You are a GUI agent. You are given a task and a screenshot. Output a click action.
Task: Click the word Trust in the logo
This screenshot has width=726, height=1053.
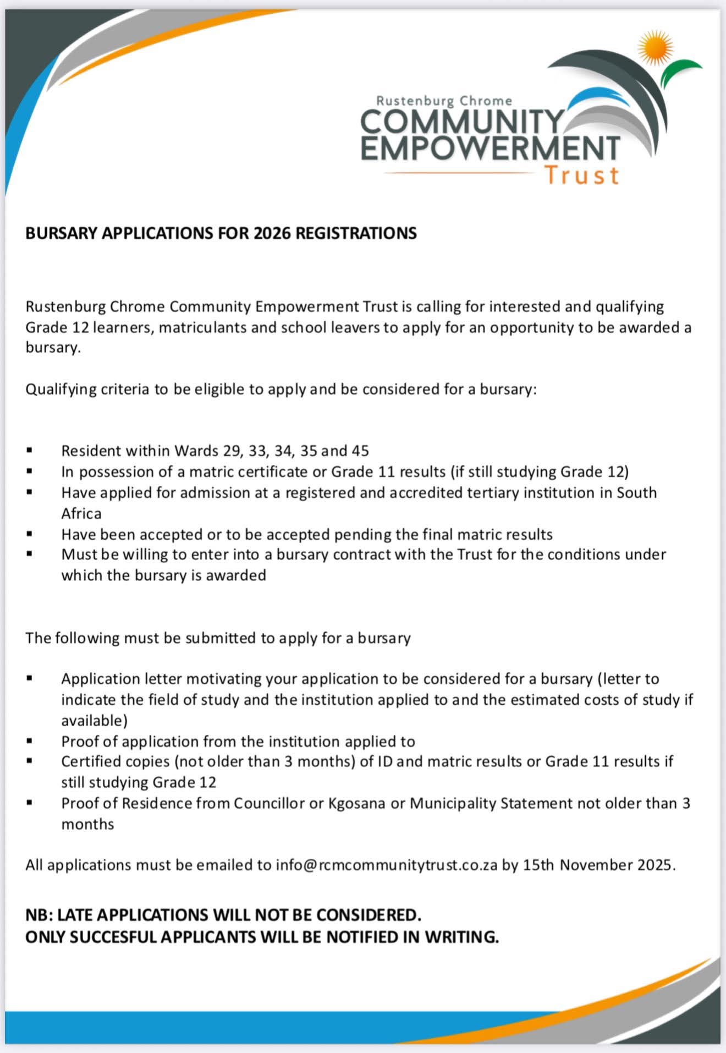(x=581, y=175)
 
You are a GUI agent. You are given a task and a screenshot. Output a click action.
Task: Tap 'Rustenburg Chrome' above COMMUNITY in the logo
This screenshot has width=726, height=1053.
(x=444, y=101)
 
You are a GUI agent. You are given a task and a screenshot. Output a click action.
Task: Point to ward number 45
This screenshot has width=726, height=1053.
(x=360, y=451)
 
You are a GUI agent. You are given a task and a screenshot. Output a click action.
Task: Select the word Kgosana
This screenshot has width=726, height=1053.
(x=357, y=803)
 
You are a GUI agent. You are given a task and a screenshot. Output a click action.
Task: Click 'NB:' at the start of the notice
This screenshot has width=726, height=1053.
(x=39, y=915)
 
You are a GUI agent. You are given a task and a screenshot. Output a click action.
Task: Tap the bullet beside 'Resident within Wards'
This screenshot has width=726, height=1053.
(x=30, y=451)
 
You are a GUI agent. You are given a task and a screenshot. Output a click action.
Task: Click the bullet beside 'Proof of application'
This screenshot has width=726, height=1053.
(x=30, y=742)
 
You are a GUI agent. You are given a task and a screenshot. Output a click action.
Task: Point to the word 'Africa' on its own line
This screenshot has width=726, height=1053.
(x=81, y=513)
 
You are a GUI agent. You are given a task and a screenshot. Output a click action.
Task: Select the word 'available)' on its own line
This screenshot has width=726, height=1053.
(x=94, y=720)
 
